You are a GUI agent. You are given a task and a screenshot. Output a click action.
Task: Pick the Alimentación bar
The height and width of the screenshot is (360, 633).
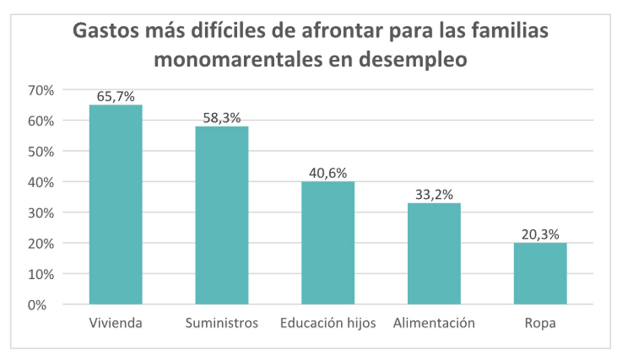(434, 254)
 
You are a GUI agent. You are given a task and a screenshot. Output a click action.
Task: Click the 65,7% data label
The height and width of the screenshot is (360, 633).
(116, 97)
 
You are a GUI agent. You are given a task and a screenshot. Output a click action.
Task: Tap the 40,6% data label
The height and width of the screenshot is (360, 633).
(328, 173)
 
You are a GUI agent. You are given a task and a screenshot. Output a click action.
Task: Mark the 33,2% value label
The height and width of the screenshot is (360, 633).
(434, 195)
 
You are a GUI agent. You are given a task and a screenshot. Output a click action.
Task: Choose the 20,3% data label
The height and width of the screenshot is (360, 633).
(540, 235)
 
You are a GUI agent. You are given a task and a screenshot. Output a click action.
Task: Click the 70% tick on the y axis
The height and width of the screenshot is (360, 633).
(41, 90)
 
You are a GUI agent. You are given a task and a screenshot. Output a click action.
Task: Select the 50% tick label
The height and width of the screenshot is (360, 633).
(41, 151)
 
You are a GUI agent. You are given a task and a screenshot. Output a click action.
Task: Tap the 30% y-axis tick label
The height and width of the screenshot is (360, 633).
(41, 213)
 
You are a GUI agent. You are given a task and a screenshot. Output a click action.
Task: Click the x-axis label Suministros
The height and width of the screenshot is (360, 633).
(222, 323)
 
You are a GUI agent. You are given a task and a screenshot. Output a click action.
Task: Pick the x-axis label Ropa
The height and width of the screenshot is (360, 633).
(540, 323)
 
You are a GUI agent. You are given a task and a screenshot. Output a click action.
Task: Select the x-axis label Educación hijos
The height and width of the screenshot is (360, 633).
(328, 323)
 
